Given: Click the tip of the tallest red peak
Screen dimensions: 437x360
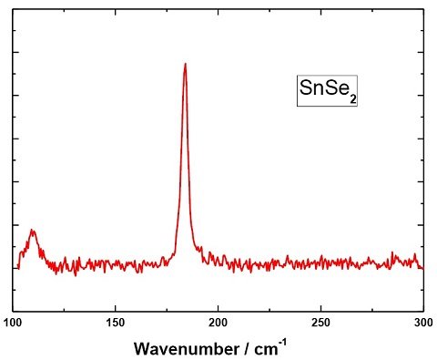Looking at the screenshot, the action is (x=185, y=64).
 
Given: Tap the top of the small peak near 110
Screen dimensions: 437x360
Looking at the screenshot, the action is (x=32, y=230).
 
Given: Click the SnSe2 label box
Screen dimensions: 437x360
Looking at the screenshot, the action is (x=327, y=90).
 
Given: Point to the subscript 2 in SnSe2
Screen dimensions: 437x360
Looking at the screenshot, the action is (x=352, y=99).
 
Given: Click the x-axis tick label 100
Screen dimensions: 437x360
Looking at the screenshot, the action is (x=13, y=323).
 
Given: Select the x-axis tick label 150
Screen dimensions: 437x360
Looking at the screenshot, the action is (x=116, y=323).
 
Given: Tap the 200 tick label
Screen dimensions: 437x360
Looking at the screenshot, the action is (x=218, y=323).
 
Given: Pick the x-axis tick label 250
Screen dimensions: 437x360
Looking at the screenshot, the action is (x=320, y=323).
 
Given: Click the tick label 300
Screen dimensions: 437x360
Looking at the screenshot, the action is (x=423, y=323).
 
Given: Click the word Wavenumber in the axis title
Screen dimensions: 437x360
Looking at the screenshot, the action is (x=187, y=349).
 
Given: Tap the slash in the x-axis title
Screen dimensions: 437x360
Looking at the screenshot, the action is (x=247, y=349).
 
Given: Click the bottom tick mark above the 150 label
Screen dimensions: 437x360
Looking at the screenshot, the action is (x=116, y=308).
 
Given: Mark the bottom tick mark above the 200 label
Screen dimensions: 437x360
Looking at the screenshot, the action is (x=218, y=308).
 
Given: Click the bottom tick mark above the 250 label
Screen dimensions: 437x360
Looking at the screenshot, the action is (x=320, y=308).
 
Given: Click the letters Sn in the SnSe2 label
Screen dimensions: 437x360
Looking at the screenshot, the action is (x=310, y=88).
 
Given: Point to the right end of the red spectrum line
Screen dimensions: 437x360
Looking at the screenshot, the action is (x=423, y=269).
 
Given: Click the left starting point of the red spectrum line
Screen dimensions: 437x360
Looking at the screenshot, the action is (x=18, y=268).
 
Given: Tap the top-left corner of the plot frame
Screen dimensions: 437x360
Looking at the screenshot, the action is (x=13, y=9).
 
